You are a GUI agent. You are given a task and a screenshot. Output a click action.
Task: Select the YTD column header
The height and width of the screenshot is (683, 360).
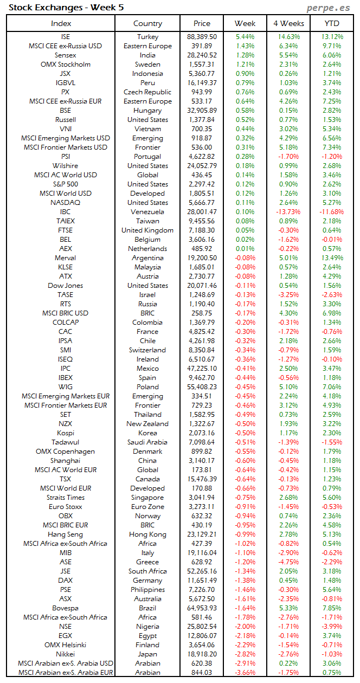point(332,23)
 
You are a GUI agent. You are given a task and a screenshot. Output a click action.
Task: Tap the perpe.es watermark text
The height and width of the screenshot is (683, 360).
point(329,7)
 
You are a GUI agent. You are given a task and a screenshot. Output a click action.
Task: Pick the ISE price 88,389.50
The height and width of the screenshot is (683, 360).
point(202,37)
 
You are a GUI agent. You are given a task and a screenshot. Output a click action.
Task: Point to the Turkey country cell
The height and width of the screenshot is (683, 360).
point(147,37)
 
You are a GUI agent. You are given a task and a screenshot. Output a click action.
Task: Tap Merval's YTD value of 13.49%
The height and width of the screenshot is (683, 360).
point(332,258)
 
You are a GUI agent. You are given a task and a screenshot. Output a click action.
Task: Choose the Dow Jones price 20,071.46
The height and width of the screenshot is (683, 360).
point(202,286)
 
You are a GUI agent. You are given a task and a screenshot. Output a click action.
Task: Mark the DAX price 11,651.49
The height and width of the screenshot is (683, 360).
point(202,581)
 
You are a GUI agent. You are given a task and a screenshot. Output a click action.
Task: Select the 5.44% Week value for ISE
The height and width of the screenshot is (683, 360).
point(245,37)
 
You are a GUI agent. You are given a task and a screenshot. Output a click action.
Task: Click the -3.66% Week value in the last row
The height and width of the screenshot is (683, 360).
point(245,673)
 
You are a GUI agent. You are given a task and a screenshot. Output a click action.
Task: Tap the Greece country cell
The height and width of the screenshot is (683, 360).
point(147,562)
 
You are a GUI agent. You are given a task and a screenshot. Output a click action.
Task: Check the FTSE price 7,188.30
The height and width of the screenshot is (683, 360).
point(202,230)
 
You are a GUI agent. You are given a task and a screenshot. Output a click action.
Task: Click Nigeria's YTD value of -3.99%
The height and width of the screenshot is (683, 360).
point(332,627)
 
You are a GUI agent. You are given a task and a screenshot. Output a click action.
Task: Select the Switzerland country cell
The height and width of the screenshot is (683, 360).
point(147,350)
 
